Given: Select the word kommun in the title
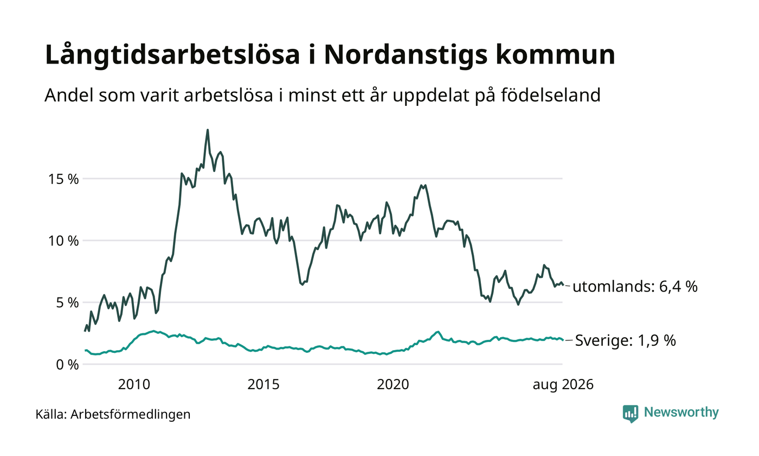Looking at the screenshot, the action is (555, 55).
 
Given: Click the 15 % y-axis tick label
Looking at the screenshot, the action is (63, 179).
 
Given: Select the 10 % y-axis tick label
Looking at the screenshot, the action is (63, 241).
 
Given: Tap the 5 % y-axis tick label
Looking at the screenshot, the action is (67, 303).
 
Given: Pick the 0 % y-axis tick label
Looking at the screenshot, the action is (67, 365).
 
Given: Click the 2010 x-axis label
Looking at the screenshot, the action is (134, 384).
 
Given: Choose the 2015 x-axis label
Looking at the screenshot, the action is (263, 384).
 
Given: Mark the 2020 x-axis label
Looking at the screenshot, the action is (393, 384).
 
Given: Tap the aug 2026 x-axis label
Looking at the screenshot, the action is (563, 385).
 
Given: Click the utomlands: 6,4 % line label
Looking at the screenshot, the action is (635, 287).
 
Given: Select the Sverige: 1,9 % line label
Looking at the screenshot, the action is (626, 340).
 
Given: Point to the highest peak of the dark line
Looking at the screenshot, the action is (208, 130).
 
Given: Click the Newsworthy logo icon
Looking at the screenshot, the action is (630, 414).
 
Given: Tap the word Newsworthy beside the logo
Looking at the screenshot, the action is (681, 413).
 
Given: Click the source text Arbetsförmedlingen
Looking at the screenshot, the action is (131, 415).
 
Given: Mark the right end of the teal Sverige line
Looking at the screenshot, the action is (563, 340).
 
